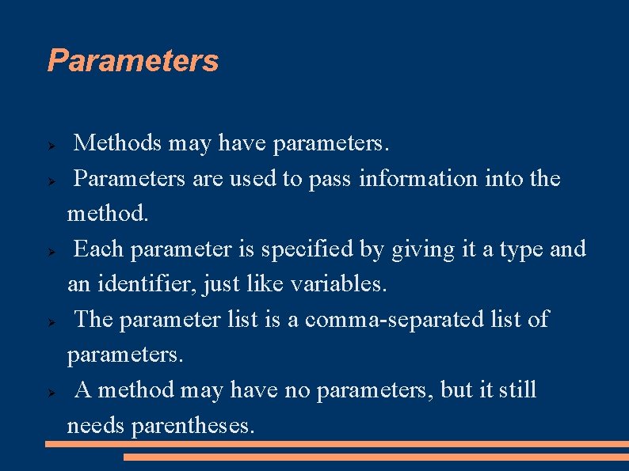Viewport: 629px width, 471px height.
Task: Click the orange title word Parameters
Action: point(132,61)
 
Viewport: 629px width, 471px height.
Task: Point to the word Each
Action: point(98,249)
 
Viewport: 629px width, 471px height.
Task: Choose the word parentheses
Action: point(193,426)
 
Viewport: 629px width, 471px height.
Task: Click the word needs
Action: point(96,426)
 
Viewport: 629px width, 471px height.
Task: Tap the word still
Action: point(518,390)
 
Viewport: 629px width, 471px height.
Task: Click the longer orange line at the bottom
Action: point(337,444)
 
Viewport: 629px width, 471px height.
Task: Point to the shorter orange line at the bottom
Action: point(376,457)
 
